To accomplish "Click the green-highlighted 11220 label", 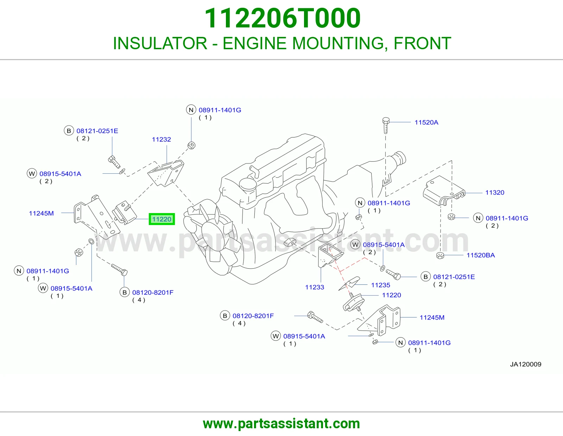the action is pos(162,219).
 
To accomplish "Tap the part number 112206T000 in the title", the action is pos(283,18).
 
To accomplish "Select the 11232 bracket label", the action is pos(161,139).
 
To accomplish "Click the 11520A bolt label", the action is pos(426,122).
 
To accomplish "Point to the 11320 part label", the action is pos(495,192).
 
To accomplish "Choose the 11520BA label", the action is pos(481,255).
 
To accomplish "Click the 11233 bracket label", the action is pos(315,287).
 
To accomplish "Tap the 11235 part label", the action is pos(380,285).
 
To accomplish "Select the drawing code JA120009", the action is pos(525,364).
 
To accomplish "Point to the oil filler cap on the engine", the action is pos(248,184).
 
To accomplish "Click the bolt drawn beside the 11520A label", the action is pos(386,125).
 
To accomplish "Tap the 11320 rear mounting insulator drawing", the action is pos(444,191).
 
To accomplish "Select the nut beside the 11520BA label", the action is pos(440,256).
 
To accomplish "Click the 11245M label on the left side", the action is pos(41,213).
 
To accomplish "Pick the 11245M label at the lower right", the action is pos(432,318).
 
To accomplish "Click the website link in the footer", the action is pos(281,424).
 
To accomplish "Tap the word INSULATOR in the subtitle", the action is pos(160,43).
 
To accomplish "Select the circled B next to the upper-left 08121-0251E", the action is pos(69,131).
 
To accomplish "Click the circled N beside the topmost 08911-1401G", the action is pos(191,110).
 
